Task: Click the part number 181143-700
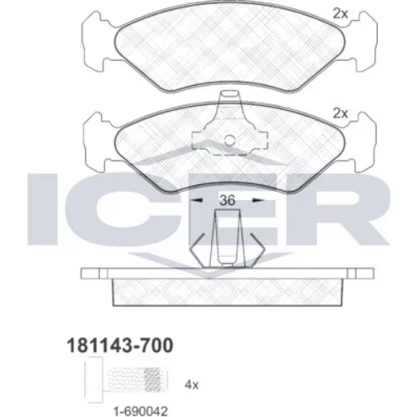click(x=120, y=345)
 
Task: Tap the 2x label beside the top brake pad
click(x=340, y=13)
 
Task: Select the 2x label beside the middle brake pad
click(x=340, y=113)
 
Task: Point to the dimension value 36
click(x=227, y=200)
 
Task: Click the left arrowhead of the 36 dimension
click(x=198, y=200)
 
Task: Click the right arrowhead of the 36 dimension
click(x=257, y=200)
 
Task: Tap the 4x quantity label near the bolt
click(x=192, y=385)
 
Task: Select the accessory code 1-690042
click(x=140, y=410)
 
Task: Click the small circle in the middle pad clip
click(x=229, y=140)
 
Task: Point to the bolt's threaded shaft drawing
click(x=134, y=380)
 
